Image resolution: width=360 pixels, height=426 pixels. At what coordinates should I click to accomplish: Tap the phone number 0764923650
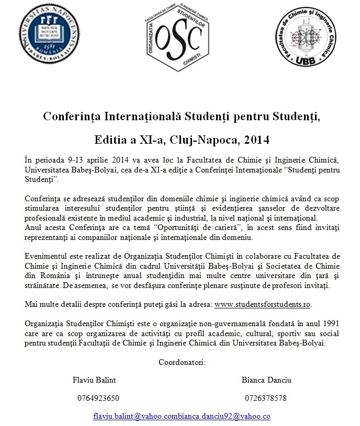pos(98,398)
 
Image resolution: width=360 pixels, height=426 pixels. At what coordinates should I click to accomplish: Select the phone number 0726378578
pos(265,398)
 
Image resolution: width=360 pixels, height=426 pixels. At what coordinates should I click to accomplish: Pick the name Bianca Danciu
pos(265,379)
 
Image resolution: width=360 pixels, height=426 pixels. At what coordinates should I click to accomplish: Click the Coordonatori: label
pos(182,361)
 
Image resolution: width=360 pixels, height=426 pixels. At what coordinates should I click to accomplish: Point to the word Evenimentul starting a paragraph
pos(49,256)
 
